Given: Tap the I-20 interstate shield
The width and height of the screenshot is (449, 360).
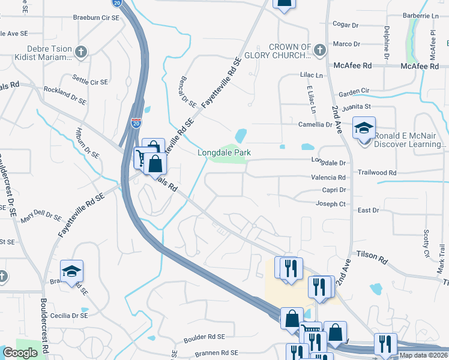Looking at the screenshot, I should point(136,122).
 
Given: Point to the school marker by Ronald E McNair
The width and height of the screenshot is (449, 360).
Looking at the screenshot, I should point(364,129).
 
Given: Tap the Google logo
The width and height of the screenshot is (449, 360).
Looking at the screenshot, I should point(20,353).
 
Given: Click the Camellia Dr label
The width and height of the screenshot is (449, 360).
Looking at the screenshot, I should point(316,124).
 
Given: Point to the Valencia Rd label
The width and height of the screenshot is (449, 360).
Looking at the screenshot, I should point(328,178).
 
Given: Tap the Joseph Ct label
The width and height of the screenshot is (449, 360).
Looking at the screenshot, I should point(331,204).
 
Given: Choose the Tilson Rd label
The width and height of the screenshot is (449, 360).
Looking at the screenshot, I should point(372,256).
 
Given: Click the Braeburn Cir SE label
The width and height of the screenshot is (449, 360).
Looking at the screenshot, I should point(96,18).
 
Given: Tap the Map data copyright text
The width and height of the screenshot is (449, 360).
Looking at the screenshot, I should point(424,355).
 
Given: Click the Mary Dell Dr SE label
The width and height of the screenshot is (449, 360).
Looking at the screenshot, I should point(40,215).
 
